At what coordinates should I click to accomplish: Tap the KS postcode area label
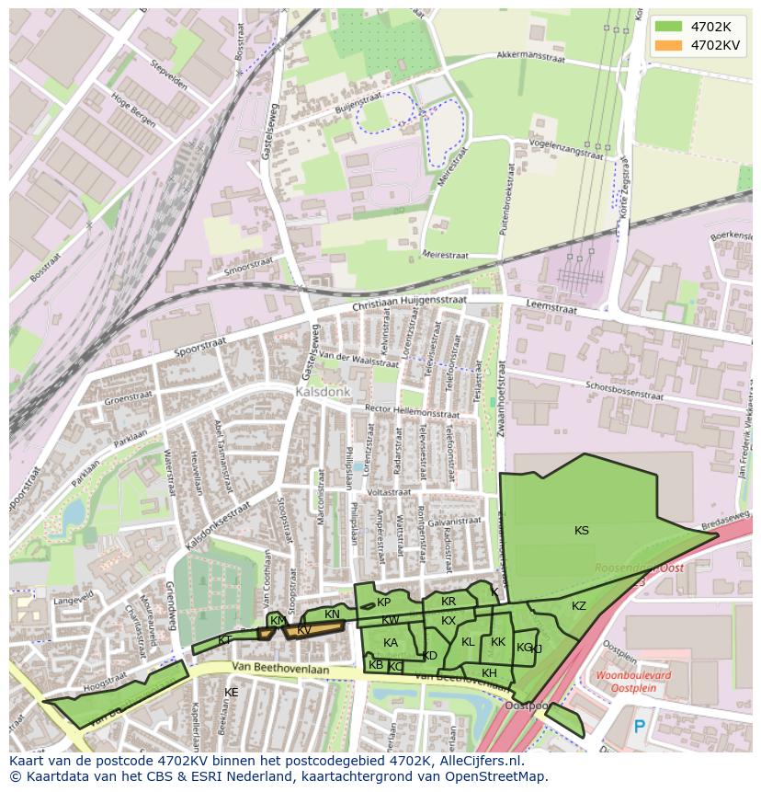[582, 531]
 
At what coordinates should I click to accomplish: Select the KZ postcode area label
[579, 606]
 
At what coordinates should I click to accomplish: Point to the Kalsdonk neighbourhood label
[323, 392]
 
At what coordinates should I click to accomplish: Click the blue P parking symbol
[640, 727]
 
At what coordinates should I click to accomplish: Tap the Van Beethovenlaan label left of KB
[280, 670]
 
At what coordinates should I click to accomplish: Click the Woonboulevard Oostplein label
[633, 680]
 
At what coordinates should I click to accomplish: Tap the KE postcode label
[232, 692]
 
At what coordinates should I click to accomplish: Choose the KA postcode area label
[391, 643]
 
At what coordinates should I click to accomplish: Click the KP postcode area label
[383, 603]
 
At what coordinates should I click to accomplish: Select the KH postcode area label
[489, 673]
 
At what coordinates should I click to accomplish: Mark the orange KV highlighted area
[312, 630]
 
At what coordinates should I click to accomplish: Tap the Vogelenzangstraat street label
[567, 149]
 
